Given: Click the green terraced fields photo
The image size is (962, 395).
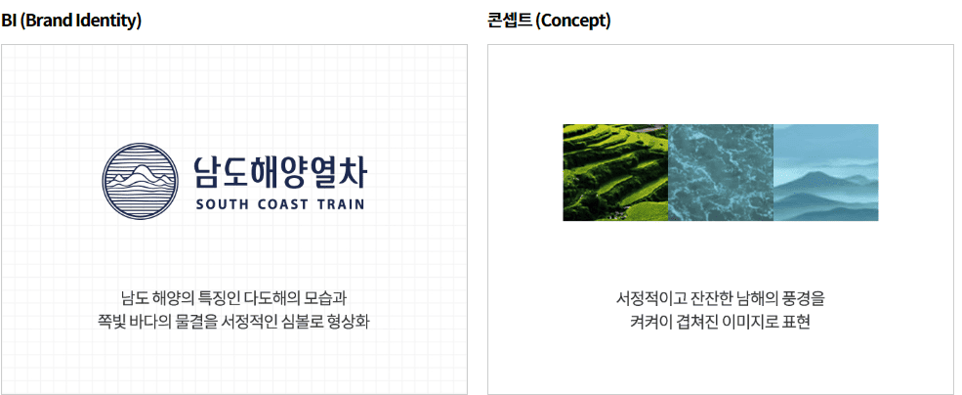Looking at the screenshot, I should [x=615, y=172].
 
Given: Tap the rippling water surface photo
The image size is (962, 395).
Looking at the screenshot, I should [x=720, y=172].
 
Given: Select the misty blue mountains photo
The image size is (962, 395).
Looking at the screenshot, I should [x=825, y=172].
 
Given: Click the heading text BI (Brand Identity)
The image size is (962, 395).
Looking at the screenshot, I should [x=71, y=21].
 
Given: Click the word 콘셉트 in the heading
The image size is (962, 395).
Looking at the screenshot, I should [x=509, y=21].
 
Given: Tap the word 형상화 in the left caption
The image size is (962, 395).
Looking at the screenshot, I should [x=347, y=322].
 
